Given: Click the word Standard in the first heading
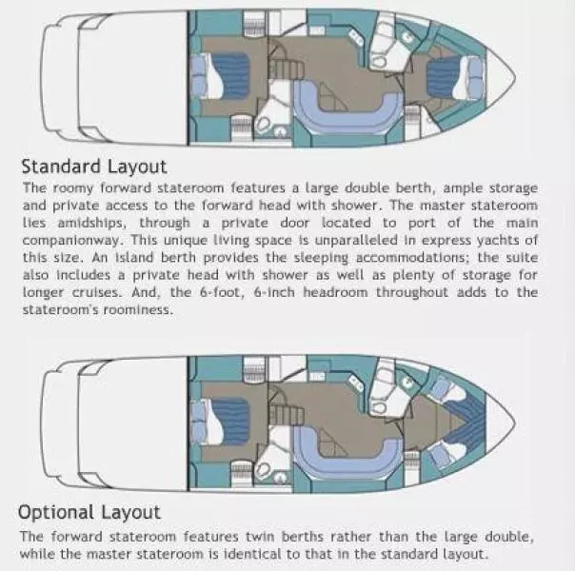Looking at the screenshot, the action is click(x=61, y=167).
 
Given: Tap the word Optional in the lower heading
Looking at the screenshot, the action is click(x=56, y=512).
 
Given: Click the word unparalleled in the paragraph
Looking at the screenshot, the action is click(x=356, y=240).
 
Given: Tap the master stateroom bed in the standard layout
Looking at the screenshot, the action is click(x=221, y=76).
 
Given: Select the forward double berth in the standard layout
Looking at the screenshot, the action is click(x=456, y=78).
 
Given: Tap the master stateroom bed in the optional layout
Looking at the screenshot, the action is click(x=221, y=423).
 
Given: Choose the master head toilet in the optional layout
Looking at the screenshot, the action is click(x=262, y=470).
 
